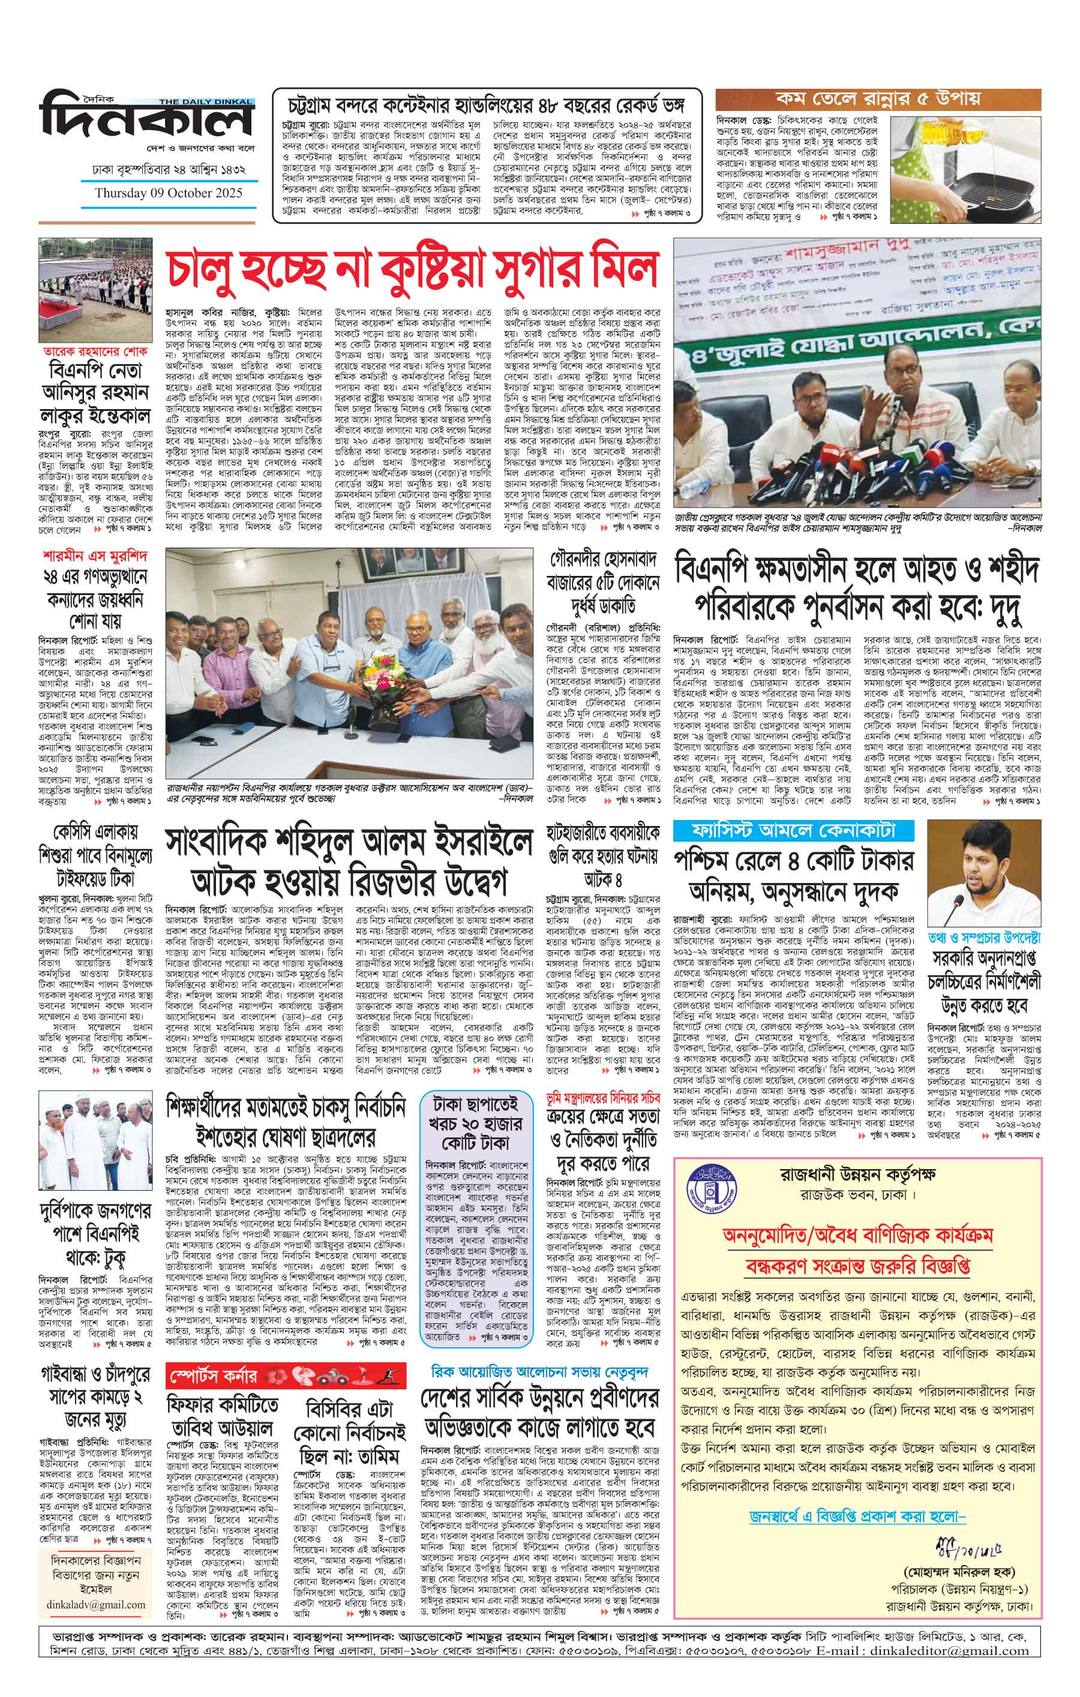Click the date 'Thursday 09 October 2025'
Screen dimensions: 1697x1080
tap(169, 193)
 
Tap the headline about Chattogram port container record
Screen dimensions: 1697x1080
tap(487, 106)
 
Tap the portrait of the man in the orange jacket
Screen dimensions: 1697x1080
tap(983, 873)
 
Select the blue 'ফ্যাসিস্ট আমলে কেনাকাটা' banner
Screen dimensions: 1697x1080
tap(793, 830)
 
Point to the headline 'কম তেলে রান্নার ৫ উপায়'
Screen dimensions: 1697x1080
tap(878, 98)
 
